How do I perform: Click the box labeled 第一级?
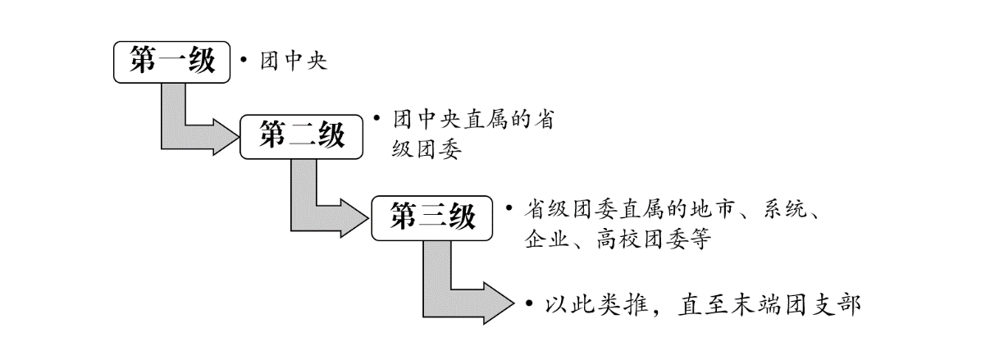[x=171, y=62]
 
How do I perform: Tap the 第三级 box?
[x=433, y=218]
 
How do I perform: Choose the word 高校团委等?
[x=657, y=241]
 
